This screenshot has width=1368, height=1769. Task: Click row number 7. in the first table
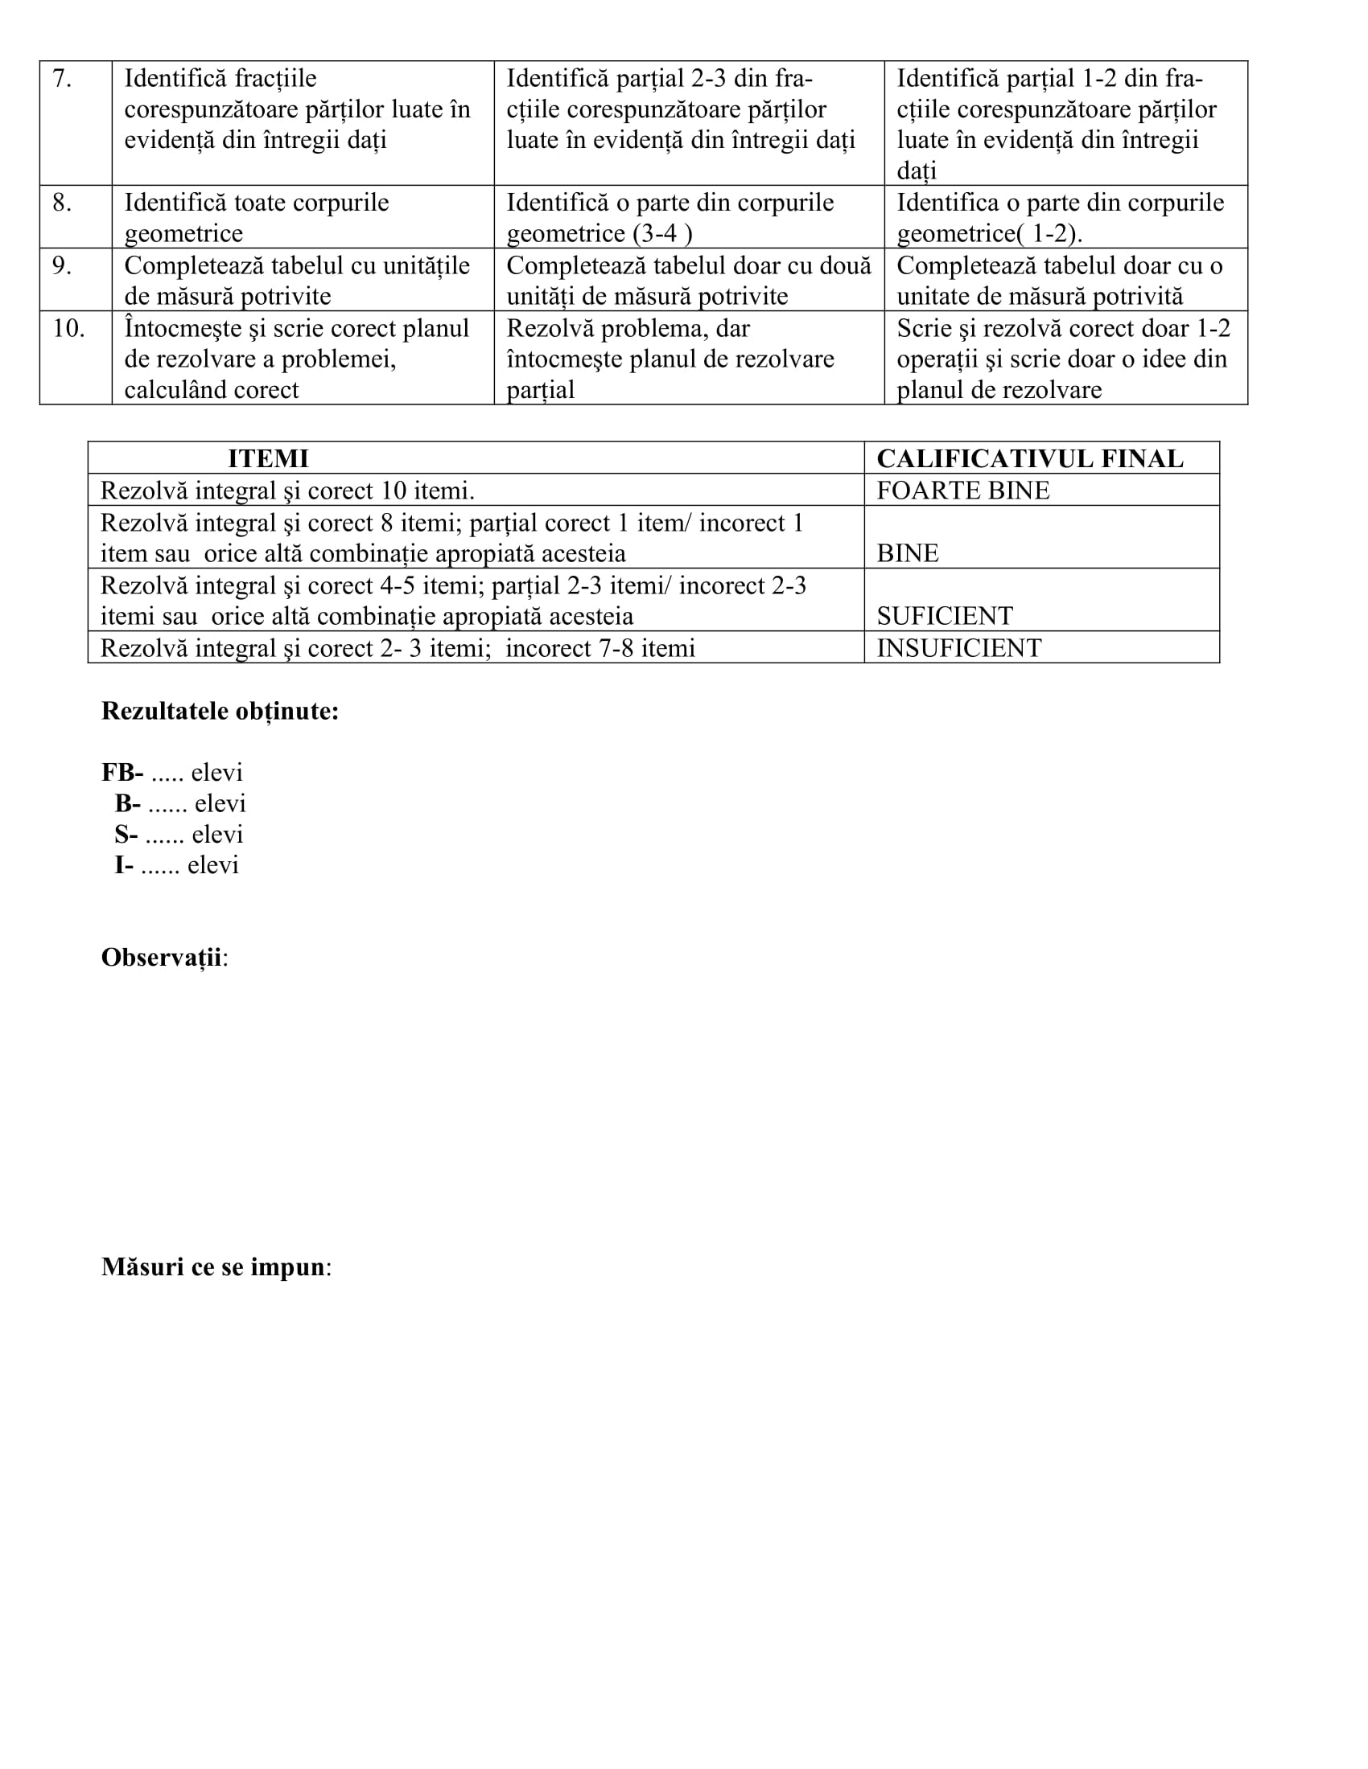click(62, 80)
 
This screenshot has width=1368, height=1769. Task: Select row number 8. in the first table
click(62, 203)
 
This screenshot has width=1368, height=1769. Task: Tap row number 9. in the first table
click(62, 266)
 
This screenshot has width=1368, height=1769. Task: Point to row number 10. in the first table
click(69, 329)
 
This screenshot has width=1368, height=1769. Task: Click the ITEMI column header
click(268, 458)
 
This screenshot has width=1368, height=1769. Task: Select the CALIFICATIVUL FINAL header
click(1029, 458)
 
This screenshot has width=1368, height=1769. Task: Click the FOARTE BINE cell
click(962, 490)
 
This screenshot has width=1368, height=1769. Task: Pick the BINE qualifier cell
click(908, 554)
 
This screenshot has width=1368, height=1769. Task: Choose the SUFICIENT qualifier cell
click(944, 617)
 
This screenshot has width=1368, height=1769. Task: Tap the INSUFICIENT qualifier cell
click(958, 648)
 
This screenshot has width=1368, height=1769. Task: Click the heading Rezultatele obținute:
click(220, 711)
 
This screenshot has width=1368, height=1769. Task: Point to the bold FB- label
click(122, 773)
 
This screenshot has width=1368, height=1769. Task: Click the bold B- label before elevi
click(127, 803)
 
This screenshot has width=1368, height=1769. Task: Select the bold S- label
click(126, 835)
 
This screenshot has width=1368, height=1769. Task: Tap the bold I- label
click(123, 865)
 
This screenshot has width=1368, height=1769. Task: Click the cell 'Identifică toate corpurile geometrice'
click(256, 218)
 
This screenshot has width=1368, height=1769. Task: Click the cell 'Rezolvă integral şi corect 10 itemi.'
click(288, 490)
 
